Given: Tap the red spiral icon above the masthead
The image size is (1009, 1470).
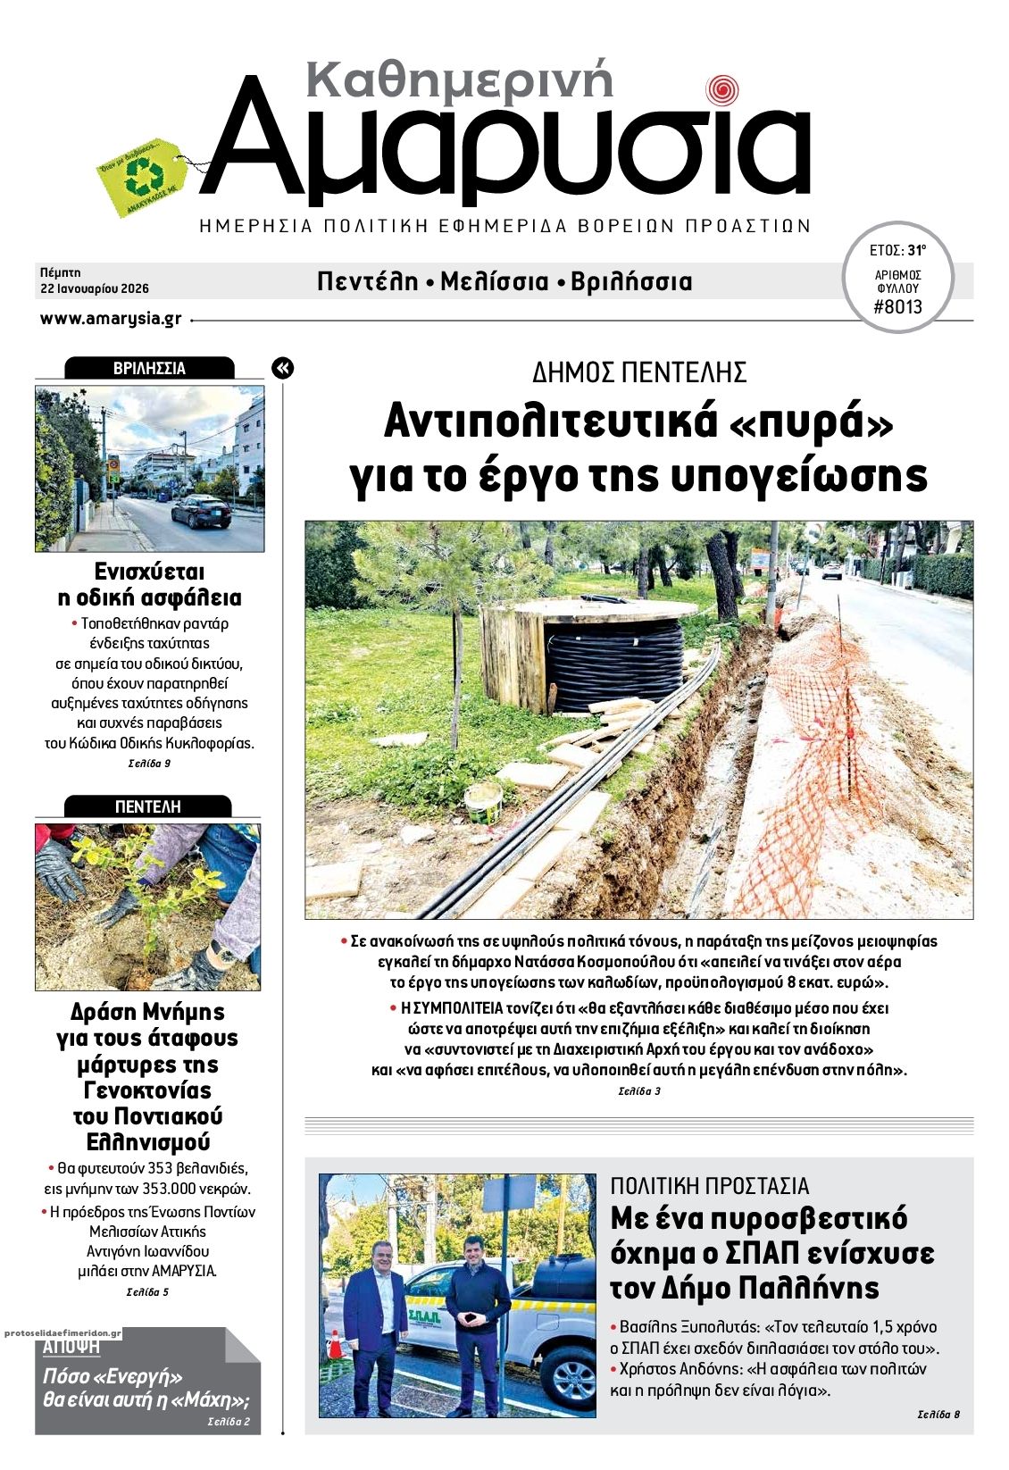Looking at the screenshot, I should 721,90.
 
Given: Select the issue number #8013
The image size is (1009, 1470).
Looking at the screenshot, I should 897,307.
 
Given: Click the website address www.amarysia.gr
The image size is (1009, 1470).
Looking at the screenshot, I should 111,319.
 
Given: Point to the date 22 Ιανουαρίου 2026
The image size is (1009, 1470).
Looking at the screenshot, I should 94,288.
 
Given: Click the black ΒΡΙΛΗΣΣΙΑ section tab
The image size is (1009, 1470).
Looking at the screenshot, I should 149,368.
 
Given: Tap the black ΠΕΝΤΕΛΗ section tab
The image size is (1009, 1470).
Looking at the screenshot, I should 148,806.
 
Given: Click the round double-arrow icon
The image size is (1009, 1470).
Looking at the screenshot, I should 282,368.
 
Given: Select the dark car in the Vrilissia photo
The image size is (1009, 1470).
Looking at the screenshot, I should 200,512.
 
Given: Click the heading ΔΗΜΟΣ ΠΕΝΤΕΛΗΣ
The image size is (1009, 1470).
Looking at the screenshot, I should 638,372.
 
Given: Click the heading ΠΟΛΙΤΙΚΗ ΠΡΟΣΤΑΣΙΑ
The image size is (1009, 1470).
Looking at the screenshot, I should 709,1186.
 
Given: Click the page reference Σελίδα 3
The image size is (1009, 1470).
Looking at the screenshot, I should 638,1091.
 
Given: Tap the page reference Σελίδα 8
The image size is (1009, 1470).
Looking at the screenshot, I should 938,1414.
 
